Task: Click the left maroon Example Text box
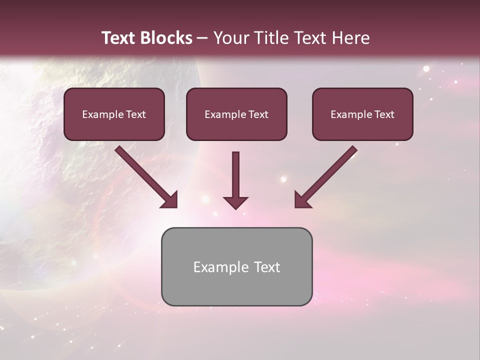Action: (x=114, y=114)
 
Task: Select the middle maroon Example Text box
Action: (x=236, y=114)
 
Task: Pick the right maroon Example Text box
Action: (x=362, y=114)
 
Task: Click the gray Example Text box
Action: (x=236, y=266)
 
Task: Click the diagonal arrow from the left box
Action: (x=145, y=175)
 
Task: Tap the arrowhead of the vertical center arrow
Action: (x=235, y=202)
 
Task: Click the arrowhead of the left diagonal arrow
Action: (x=170, y=200)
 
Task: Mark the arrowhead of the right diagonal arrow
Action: (x=301, y=200)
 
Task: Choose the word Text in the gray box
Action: (x=266, y=267)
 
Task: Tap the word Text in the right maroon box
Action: (x=384, y=114)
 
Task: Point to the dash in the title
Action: (x=202, y=38)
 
